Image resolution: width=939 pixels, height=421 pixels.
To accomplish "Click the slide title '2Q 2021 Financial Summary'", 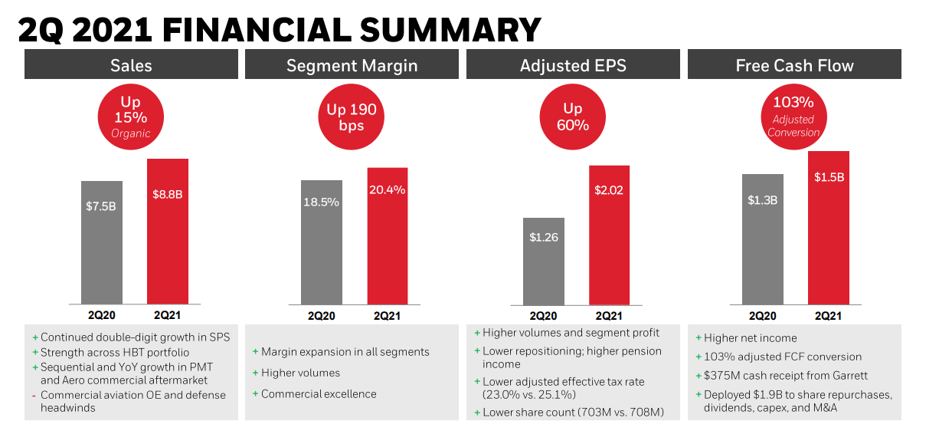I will click(279, 29).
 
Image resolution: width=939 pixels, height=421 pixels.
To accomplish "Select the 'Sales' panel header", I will click(131, 65).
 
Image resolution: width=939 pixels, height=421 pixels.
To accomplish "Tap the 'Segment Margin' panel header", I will click(352, 65).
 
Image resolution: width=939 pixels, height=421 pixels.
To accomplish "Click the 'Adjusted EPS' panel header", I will click(572, 65).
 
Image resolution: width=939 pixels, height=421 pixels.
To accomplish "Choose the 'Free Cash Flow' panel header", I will click(794, 65).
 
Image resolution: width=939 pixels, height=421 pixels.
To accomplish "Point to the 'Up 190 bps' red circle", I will click(352, 117).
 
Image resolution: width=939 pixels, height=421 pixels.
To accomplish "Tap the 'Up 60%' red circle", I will click(572, 117).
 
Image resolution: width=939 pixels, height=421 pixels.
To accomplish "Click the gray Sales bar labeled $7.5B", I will click(101, 242).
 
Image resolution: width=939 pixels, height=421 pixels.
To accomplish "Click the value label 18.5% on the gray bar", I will click(322, 201).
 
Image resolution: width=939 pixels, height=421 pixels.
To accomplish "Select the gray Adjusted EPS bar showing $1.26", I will click(543, 261).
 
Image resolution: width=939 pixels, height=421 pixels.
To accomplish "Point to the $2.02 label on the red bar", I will click(609, 190).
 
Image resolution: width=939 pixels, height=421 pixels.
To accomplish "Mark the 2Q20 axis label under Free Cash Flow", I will click(762, 315).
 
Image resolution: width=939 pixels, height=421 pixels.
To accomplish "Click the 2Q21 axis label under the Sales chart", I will click(167, 315).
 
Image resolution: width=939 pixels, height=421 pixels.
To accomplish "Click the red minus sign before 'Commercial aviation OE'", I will click(34, 396).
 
